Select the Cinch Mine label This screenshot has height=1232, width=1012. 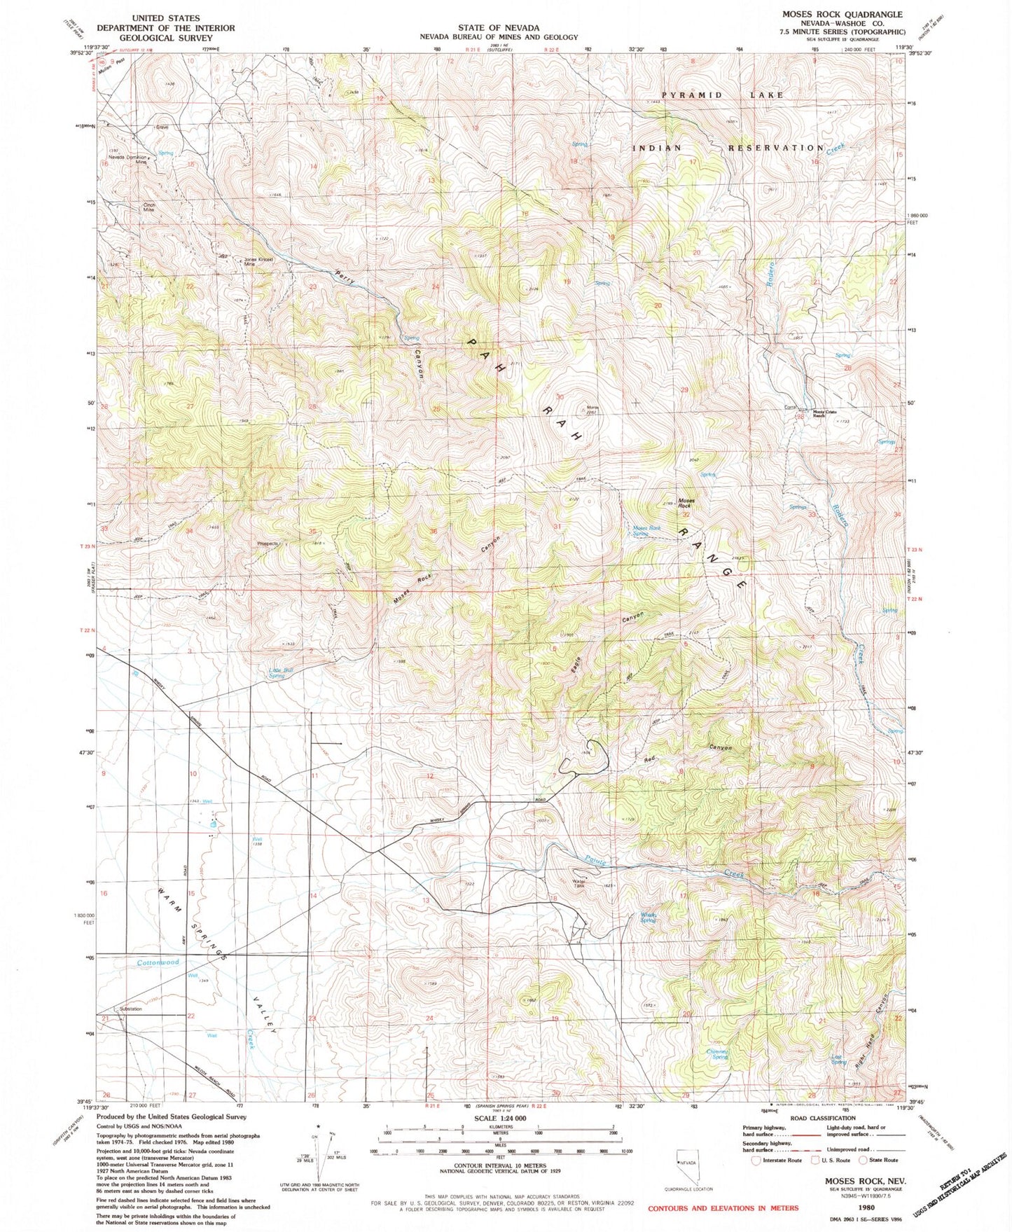(x=148, y=207)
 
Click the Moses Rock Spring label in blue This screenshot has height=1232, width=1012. (x=646, y=531)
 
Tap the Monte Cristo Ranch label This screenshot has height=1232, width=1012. (x=824, y=413)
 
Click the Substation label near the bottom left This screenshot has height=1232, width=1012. (x=131, y=1009)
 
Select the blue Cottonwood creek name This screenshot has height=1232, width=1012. (x=158, y=962)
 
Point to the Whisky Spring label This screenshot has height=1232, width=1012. (x=648, y=917)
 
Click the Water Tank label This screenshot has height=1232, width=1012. (x=578, y=883)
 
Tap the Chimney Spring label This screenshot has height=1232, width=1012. (x=717, y=1054)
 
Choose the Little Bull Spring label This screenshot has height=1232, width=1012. (x=277, y=673)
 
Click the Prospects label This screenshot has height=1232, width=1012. (x=268, y=544)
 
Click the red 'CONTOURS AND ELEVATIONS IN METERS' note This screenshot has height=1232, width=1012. (x=723, y=1208)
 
